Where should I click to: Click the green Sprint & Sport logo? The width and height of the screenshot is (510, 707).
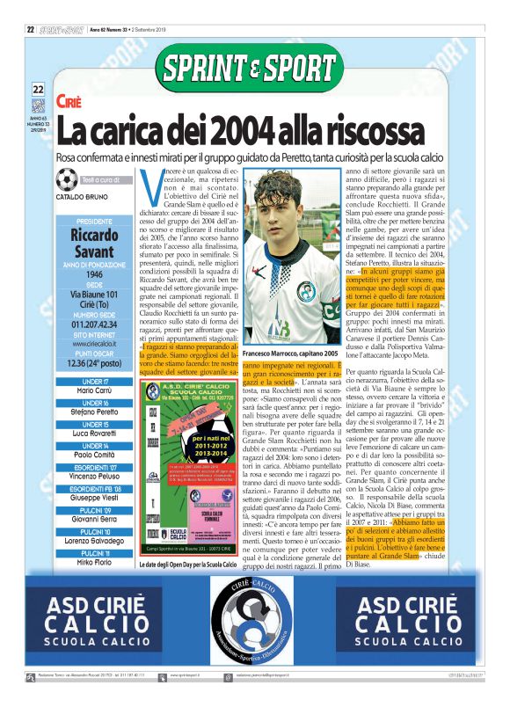pos(254,67)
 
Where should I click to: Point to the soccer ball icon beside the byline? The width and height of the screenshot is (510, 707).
pos(66,181)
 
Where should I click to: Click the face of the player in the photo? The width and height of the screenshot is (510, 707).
pos(278,195)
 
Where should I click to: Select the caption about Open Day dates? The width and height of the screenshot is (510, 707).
pos(187,564)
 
